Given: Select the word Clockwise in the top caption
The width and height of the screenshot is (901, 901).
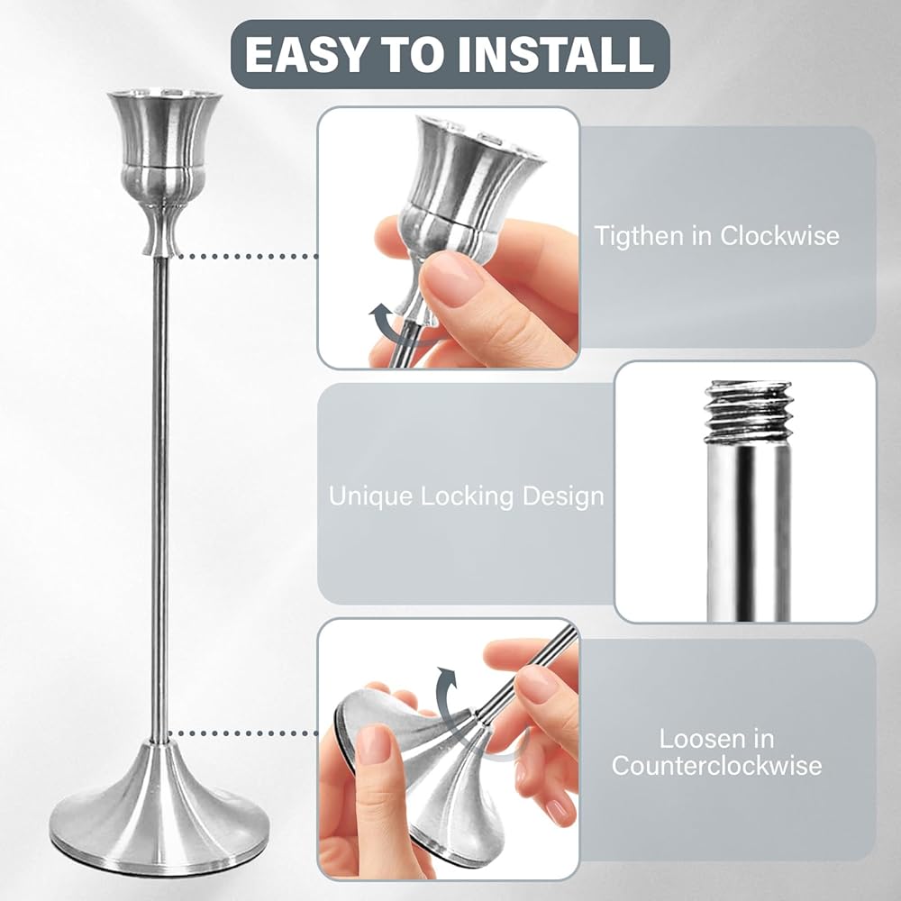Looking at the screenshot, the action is (x=779, y=235).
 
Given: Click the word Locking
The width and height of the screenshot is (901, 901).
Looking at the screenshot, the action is (x=467, y=497).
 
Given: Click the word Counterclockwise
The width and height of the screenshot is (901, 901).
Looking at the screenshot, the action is (x=716, y=766).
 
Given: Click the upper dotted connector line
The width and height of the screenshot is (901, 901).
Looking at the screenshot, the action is (x=245, y=256).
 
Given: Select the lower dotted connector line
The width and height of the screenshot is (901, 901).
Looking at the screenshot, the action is (x=243, y=733).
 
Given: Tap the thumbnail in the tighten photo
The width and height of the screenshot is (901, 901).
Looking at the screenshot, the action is (x=450, y=278).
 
